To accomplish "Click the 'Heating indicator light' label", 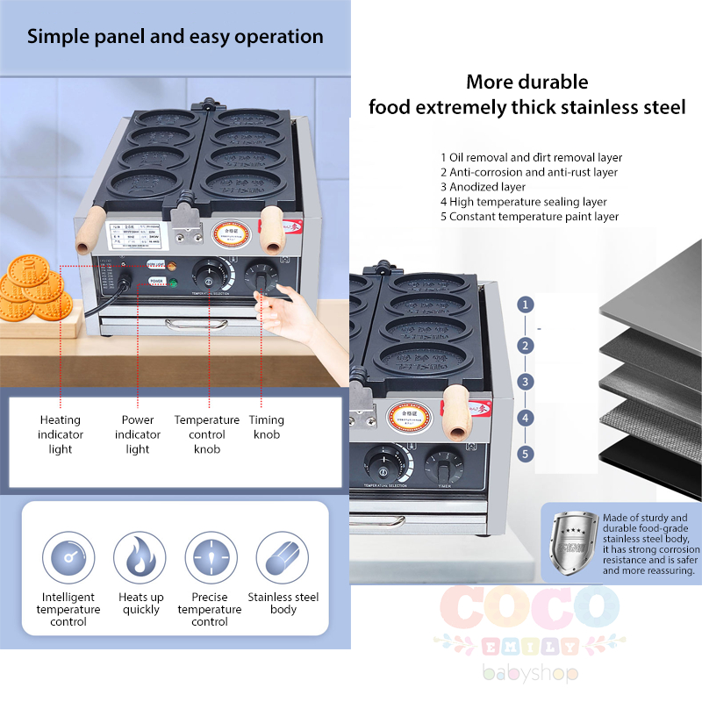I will [x=61, y=434].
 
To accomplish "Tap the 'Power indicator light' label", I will [x=138, y=434].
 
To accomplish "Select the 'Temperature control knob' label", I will [x=206, y=434].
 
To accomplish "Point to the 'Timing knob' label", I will [x=267, y=427].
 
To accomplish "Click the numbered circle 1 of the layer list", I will [x=525, y=305].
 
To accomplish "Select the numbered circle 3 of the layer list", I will [x=525, y=382].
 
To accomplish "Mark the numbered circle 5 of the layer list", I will [x=525, y=454].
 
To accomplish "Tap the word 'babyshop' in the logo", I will [x=529, y=674].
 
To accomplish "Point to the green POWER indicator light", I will [x=174, y=282].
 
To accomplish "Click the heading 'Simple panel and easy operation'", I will [x=175, y=37].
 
